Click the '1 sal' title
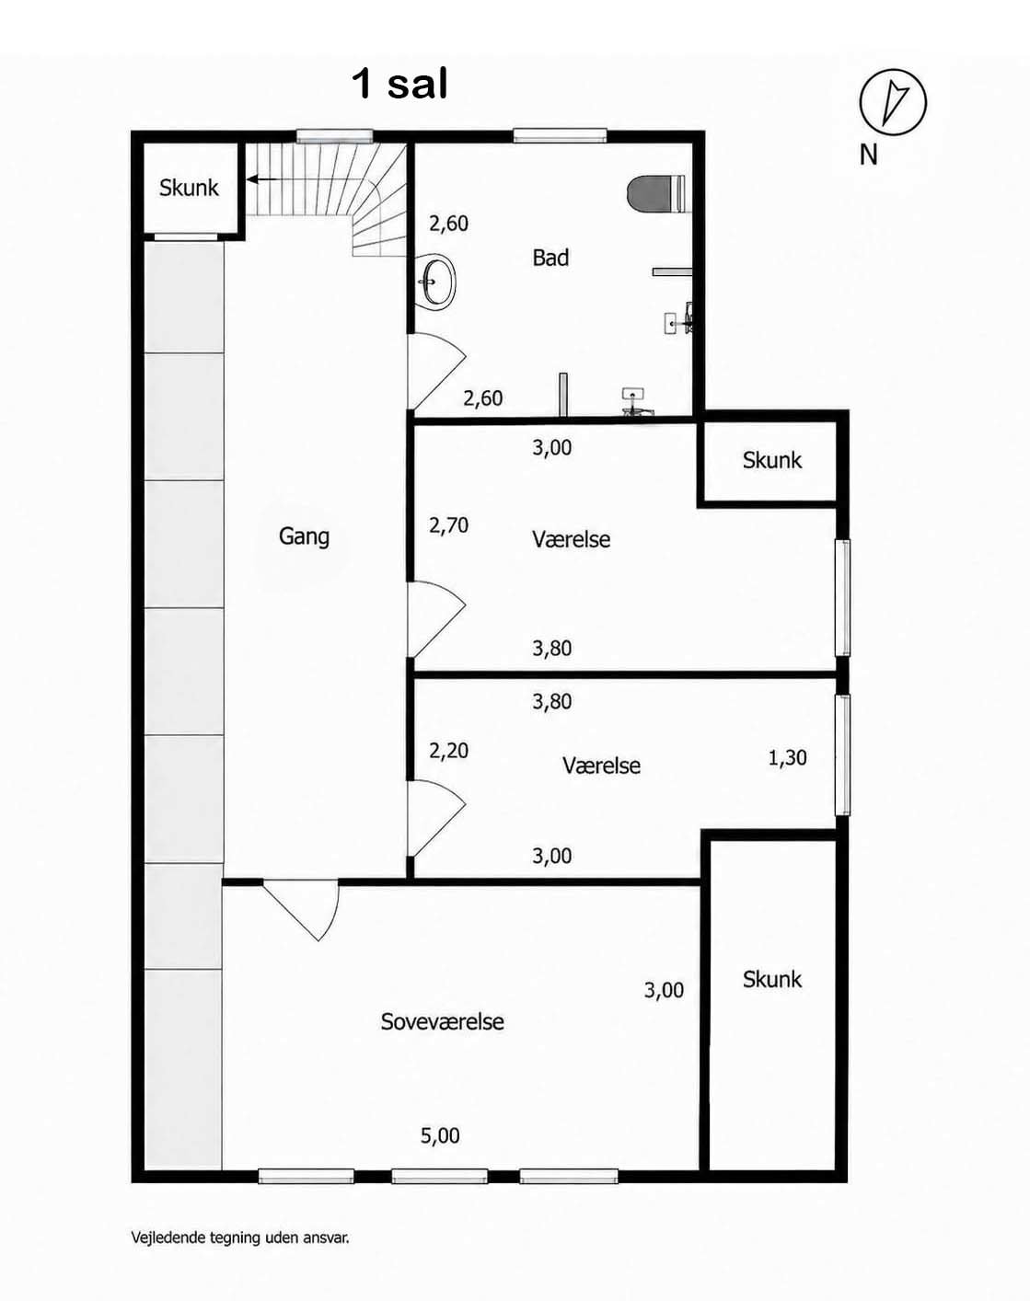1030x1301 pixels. point(399,84)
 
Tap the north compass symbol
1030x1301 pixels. point(893,101)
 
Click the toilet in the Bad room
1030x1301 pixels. point(656,193)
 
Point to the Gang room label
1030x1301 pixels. point(304,536)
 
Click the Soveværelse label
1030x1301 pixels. point(442,1021)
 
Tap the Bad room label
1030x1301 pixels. point(550,259)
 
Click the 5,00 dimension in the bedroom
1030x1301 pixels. point(440,1136)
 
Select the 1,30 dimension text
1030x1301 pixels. point(787,757)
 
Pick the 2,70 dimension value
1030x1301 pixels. point(448,525)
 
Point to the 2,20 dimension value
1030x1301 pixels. point(448,751)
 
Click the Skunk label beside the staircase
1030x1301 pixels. point(189,188)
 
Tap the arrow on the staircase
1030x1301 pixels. point(262,178)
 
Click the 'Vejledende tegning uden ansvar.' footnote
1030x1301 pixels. point(240,1238)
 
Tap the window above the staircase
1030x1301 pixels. point(334,136)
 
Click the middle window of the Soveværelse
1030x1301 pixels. point(439,1175)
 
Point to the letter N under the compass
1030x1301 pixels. point(868,155)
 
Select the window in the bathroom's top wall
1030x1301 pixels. point(560,135)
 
